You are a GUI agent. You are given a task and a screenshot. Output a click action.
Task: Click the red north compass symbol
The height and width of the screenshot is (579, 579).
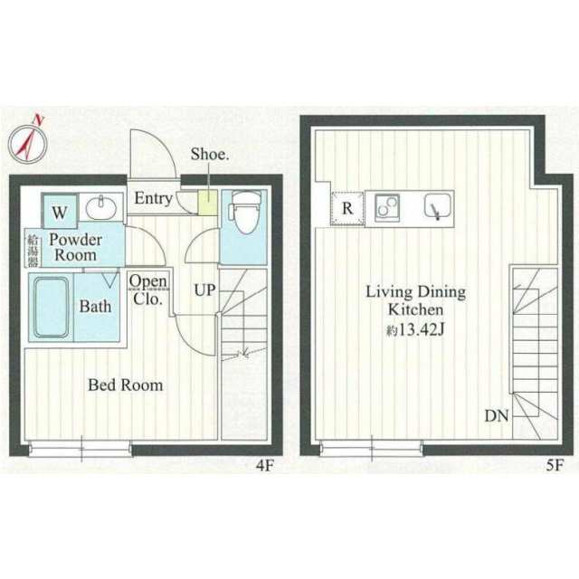point(28,142)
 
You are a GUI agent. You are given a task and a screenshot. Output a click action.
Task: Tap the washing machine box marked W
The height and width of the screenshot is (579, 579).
point(60,211)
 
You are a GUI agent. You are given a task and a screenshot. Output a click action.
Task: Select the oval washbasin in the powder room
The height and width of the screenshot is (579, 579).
point(101,208)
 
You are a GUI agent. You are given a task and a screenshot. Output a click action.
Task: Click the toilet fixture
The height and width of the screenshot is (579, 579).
point(244,212)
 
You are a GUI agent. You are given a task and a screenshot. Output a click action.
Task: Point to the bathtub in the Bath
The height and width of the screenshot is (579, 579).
point(52,308)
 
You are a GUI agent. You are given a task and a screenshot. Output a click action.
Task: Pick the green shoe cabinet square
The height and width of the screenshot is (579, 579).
point(207,203)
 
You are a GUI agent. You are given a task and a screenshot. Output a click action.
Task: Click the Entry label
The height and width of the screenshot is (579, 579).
point(153,198)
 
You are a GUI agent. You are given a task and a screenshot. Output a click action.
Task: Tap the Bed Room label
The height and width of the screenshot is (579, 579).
point(125,385)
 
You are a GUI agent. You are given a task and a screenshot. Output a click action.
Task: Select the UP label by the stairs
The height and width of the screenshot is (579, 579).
point(205,290)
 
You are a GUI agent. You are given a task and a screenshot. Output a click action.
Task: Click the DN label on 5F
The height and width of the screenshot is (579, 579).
point(497,416)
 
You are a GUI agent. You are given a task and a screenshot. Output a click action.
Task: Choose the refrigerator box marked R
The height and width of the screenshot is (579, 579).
point(347,209)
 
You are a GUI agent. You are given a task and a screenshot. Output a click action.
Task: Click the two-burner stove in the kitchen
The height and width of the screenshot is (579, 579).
point(387,208)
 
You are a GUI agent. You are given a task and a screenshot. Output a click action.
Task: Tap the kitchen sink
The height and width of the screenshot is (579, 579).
point(438,207)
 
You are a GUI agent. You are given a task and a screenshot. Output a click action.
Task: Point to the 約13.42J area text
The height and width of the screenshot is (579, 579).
point(414,330)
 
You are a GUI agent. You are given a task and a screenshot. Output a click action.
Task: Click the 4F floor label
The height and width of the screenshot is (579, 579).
point(264,466)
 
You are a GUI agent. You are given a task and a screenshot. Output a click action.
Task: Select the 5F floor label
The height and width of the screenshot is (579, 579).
point(555,466)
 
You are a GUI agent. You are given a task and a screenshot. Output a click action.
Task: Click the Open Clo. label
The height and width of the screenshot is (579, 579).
point(148,290)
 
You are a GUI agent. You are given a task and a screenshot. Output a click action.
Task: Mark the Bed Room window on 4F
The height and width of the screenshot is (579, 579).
point(81,449)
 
